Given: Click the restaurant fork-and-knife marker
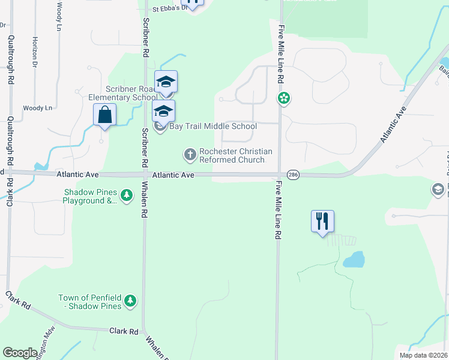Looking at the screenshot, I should [x=322, y=221].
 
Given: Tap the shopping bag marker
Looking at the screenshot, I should [x=105, y=114].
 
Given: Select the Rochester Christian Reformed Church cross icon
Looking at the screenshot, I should [x=190, y=155].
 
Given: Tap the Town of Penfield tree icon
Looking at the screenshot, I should [x=130, y=301].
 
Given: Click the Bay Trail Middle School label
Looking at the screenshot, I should [x=214, y=126].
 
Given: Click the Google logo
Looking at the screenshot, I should [x=19, y=353].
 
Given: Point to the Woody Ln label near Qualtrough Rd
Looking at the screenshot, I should [x=38, y=108].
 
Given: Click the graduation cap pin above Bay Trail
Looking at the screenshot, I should [x=165, y=82].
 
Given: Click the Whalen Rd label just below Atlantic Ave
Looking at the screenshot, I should [x=144, y=201].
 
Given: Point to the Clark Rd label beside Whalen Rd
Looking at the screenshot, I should [x=124, y=331].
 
